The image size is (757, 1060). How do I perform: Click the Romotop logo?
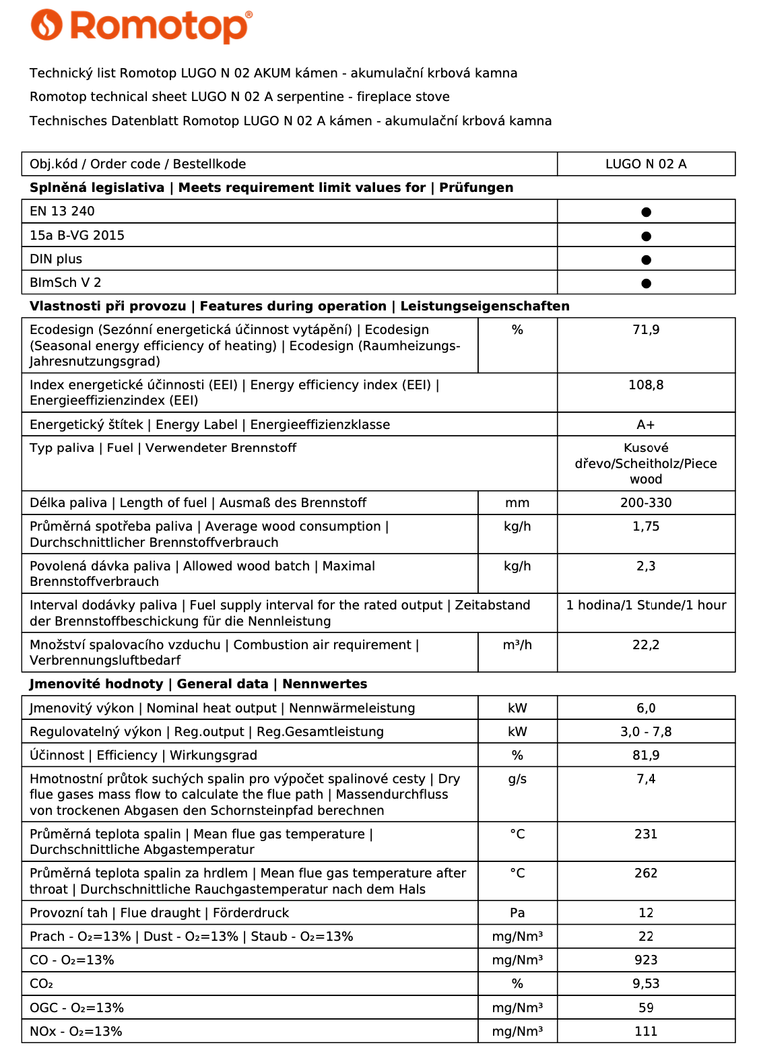point(141,26)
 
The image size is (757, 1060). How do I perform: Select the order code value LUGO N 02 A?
point(645,164)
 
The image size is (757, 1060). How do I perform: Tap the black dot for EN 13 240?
point(646,212)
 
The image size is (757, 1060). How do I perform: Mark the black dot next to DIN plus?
point(646,259)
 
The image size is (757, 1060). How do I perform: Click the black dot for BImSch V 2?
point(646,283)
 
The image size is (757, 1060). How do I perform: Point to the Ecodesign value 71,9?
point(645,330)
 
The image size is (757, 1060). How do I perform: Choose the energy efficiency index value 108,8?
point(645,385)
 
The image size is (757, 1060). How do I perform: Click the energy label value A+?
point(645,425)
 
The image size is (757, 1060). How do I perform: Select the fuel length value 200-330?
point(645,503)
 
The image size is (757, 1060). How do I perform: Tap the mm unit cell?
point(517,503)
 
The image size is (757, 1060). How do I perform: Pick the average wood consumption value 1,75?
point(645,527)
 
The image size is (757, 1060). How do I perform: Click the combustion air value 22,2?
point(645,645)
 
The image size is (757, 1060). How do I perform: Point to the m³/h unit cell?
point(517,645)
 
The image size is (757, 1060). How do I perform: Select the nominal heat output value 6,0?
point(645,708)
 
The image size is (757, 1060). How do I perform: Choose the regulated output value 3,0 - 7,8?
point(645,732)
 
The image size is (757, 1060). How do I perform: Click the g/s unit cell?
point(517,779)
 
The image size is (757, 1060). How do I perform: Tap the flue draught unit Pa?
point(517,913)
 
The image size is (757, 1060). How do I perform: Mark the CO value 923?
point(645,960)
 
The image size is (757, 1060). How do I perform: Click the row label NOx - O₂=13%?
point(76,1032)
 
